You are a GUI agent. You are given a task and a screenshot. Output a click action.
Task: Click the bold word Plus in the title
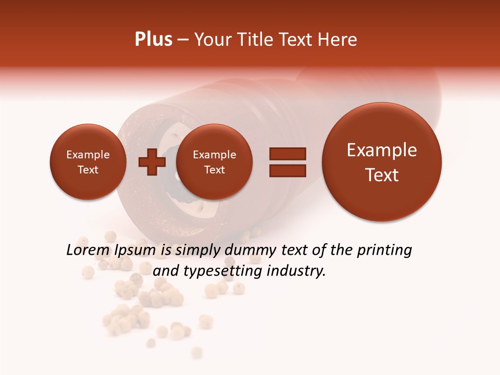click(153, 40)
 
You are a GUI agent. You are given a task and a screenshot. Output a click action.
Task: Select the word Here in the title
click(339, 40)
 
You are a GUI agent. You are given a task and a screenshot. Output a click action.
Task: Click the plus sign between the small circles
click(152, 162)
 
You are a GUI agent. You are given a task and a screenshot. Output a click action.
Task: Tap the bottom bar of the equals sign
click(287, 170)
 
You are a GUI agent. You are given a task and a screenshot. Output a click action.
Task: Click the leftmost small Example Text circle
click(88, 162)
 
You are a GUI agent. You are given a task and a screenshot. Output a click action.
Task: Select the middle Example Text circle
click(214, 162)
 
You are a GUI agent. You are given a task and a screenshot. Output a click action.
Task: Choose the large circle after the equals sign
click(382, 162)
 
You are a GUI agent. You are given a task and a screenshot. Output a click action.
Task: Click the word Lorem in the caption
click(86, 251)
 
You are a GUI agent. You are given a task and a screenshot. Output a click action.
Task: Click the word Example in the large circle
click(382, 150)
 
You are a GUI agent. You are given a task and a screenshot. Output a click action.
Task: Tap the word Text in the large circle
click(382, 175)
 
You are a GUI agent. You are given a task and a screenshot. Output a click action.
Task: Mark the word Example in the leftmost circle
click(88, 155)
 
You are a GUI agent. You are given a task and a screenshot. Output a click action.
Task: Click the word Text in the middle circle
click(214, 170)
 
